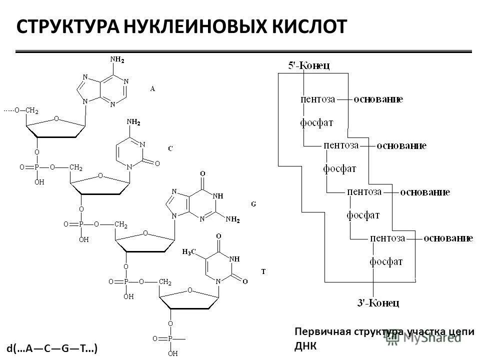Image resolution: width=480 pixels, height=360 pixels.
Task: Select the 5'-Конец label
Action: tap(308, 65)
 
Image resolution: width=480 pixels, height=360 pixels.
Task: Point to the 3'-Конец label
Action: tap(378, 302)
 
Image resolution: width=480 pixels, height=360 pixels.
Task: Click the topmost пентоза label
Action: tap(318, 99)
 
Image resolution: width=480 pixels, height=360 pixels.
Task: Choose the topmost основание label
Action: tap(378, 99)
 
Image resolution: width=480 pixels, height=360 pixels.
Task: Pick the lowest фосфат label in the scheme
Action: tap(386, 261)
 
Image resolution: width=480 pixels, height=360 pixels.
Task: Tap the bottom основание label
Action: tap(448, 238)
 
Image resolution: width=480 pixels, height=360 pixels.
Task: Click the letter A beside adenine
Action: tap(153, 88)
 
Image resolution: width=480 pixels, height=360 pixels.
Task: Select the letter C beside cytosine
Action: tap(170, 148)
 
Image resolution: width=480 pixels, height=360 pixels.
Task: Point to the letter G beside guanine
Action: tap(253, 204)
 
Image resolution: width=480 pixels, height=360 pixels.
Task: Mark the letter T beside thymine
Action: tap(263, 271)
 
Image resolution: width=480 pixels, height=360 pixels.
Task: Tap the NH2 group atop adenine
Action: tap(117, 59)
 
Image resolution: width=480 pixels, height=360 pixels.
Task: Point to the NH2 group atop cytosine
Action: tap(133, 121)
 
